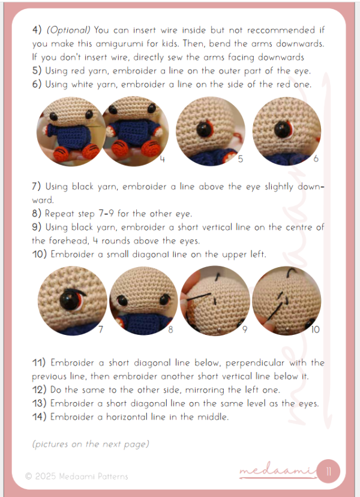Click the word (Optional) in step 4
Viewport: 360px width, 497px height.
click(68, 30)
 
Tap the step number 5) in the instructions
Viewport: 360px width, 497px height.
click(37, 71)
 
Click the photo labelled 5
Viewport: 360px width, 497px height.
click(210, 131)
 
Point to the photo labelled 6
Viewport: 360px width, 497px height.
click(287, 131)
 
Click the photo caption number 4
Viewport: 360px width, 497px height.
click(162, 159)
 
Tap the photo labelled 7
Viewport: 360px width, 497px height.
click(73, 301)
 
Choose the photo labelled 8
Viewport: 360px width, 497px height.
click(143, 301)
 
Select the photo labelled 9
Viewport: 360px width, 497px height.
click(215, 301)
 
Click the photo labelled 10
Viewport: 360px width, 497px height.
click(287, 301)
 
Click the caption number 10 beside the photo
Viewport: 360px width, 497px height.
click(315, 330)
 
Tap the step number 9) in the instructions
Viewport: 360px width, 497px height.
click(37, 227)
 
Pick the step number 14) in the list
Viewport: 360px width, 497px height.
click(39, 417)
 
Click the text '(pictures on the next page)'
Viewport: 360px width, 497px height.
click(91, 444)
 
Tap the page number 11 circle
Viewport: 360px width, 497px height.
click(328, 472)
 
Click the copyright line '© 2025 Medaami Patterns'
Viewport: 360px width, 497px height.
click(77, 477)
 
